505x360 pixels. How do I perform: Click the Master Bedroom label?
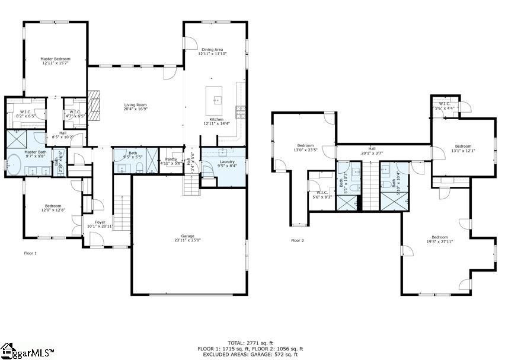55,59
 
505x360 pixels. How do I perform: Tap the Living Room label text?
135,105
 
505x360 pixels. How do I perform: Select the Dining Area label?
212,50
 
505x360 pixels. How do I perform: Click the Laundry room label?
226,161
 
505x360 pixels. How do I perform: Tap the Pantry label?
171,159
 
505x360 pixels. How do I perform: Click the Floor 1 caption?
30,253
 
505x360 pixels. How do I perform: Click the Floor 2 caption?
297,241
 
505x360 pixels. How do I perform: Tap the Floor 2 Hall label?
372,149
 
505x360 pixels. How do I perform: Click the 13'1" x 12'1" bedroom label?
463,146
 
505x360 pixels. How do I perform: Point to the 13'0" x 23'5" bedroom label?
305,146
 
